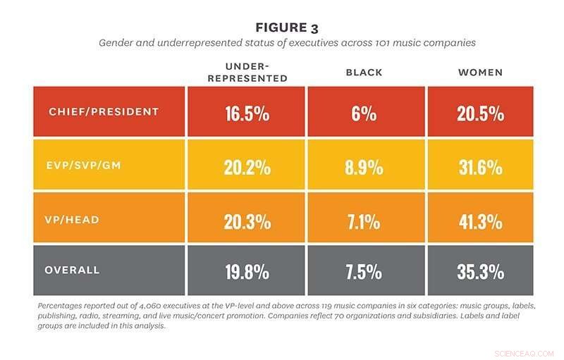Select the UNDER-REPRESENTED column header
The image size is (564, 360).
(x=247, y=72)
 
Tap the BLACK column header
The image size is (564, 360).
(x=364, y=72)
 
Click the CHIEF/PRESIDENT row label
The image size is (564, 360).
(x=104, y=112)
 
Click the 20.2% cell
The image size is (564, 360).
(x=247, y=167)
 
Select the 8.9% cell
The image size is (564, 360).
(x=364, y=167)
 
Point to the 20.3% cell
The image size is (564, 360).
(x=247, y=220)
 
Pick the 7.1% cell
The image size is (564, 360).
(x=364, y=220)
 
